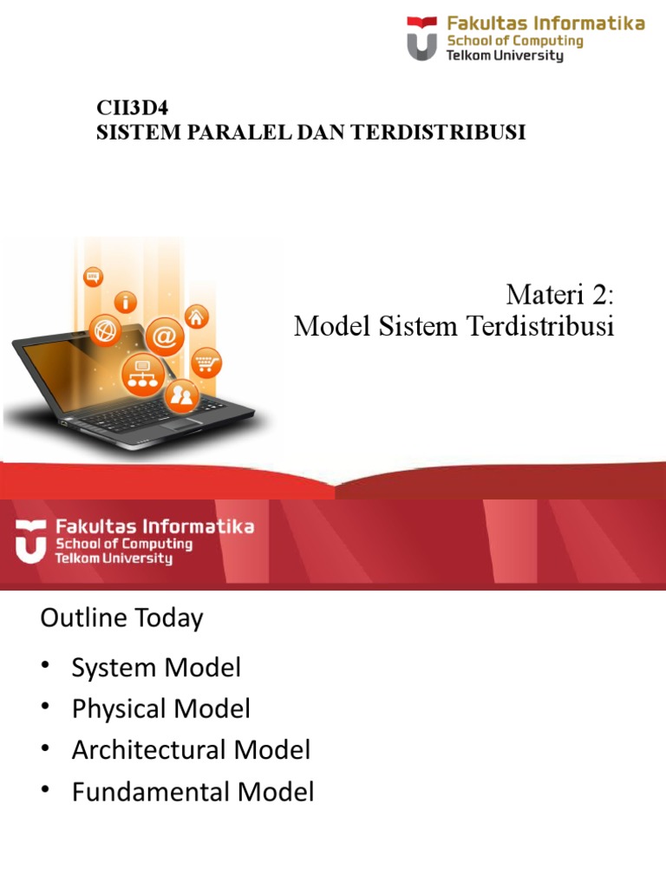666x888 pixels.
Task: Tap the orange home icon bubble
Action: tap(198, 317)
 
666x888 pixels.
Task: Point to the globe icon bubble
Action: tap(108, 332)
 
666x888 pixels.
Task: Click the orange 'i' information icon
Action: tap(127, 303)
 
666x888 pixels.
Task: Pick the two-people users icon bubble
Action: tap(182, 396)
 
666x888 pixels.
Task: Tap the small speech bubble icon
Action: tap(93, 277)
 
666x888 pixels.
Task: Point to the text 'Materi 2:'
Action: tap(559, 295)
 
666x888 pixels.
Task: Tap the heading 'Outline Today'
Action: tap(121, 618)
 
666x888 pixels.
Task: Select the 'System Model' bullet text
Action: tap(156, 668)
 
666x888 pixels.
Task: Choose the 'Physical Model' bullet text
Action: tap(161, 709)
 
